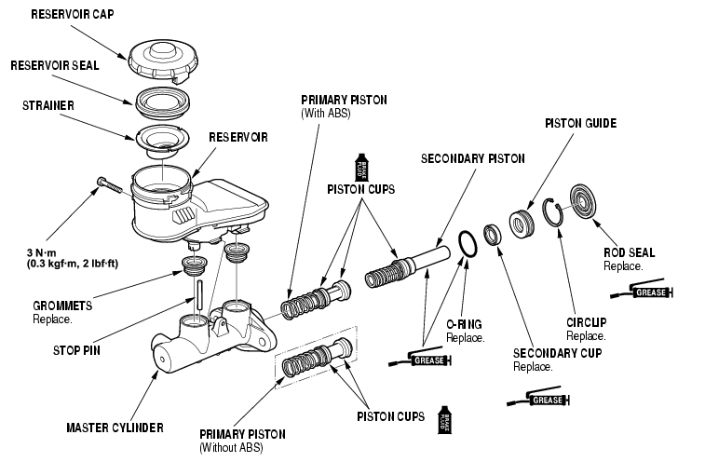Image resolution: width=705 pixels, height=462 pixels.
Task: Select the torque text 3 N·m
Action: (x=44, y=251)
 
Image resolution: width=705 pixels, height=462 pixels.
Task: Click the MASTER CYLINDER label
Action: (x=115, y=428)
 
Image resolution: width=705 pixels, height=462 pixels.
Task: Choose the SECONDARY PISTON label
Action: (x=473, y=158)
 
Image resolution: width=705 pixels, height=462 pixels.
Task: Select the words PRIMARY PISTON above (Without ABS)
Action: (x=243, y=435)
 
